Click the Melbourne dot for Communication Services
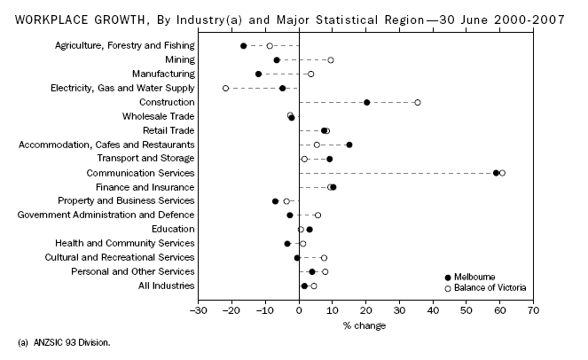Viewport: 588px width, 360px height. [x=496, y=173]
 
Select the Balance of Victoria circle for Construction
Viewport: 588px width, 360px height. [x=418, y=102]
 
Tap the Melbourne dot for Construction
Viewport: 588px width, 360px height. [x=367, y=102]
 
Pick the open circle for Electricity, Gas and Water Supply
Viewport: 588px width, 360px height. [x=225, y=88]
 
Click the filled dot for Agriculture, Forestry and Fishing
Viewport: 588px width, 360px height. [x=244, y=45]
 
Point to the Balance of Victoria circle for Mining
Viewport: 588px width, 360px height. [x=331, y=59]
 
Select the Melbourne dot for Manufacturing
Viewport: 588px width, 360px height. [x=258, y=74]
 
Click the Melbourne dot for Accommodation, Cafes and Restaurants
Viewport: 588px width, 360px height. [x=349, y=145]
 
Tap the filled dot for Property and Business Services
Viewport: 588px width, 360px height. [x=275, y=201]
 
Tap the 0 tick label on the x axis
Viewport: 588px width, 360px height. [x=299, y=311]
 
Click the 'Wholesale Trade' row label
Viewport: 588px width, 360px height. [x=158, y=116]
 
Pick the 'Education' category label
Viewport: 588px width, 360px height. [x=173, y=229]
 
